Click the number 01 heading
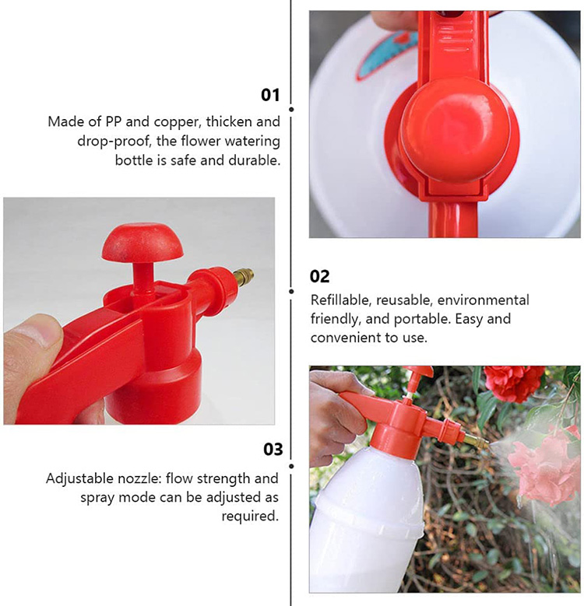coord(269,95)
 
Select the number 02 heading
coord(319,276)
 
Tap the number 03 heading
coord(273,449)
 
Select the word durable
coord(255,160)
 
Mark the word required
coord(250,516)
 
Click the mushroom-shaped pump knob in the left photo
coord(142,242)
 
